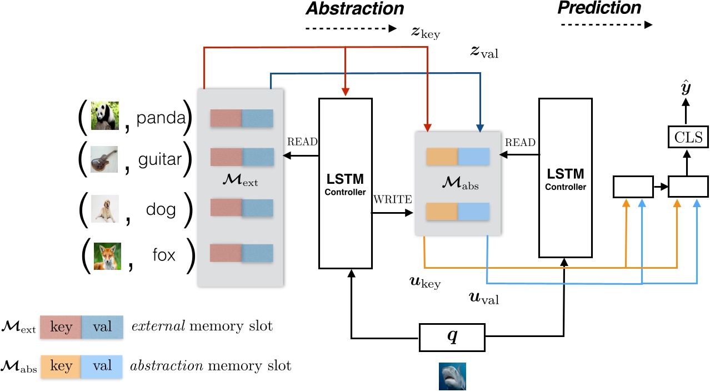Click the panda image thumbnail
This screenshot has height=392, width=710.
click(105, 116)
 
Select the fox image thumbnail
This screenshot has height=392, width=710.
click(107, 256)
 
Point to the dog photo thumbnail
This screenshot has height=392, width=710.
click(105, 209)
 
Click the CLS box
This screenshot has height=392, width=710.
click(684, 137)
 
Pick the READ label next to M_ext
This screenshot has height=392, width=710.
click(302, 142)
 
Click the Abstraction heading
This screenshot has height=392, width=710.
click(354, 8)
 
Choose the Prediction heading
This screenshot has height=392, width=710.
click(599, 8)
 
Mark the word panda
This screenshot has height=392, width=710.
click(162, 118)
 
